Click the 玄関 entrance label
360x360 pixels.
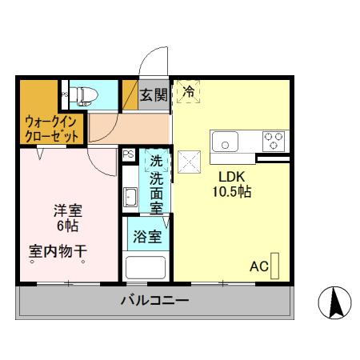[x=154, y=94]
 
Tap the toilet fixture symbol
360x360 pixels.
[x=84, y=95]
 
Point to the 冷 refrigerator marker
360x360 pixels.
[x=190, y=93]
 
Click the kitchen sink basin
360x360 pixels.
[x=227, y=143]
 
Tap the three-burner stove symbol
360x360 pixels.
[x=274, y=140]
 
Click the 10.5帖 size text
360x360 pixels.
[x=232, y=193]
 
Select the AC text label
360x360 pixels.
[x=258, y=266]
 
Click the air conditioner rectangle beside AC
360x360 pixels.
[x=276, y=266]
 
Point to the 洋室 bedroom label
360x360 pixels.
[x=68, y=211]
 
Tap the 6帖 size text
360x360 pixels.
[x=68, y=226]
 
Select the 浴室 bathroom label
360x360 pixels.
[x=147, y=237]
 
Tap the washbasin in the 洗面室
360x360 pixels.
[x=130, y=195]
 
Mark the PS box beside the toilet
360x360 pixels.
[x=64, y=95]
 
